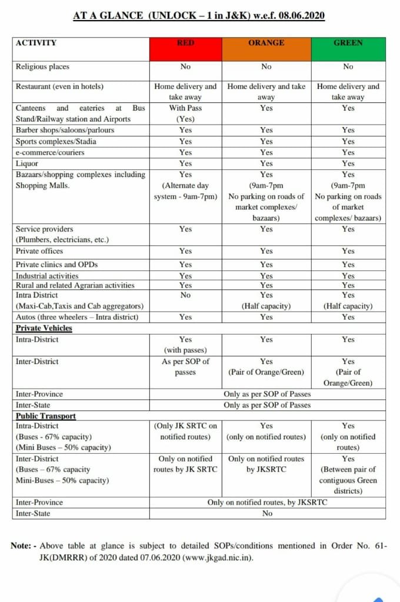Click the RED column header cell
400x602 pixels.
(x=185, y=49)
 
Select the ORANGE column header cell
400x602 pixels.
(x=266, y=49)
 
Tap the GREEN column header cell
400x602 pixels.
(x=348, y=49)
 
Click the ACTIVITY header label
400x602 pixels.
(x=36, y=43)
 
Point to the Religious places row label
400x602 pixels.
(x=42, y=67)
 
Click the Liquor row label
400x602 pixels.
(x=27, y=163)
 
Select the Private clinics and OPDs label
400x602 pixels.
(x=56, y=265)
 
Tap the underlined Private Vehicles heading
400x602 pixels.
(x=44, y=328)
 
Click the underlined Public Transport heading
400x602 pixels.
(x=46, y=416)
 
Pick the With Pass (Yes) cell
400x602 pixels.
(x=185, y=113)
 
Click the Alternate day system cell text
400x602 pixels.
(x=185, y=191)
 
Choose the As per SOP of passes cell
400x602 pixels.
(x=185, y=367)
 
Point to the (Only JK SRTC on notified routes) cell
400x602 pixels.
(x=185, y=432)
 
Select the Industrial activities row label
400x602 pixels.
(x=47, y=276)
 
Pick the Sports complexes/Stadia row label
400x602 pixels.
(x=56, y=141)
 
